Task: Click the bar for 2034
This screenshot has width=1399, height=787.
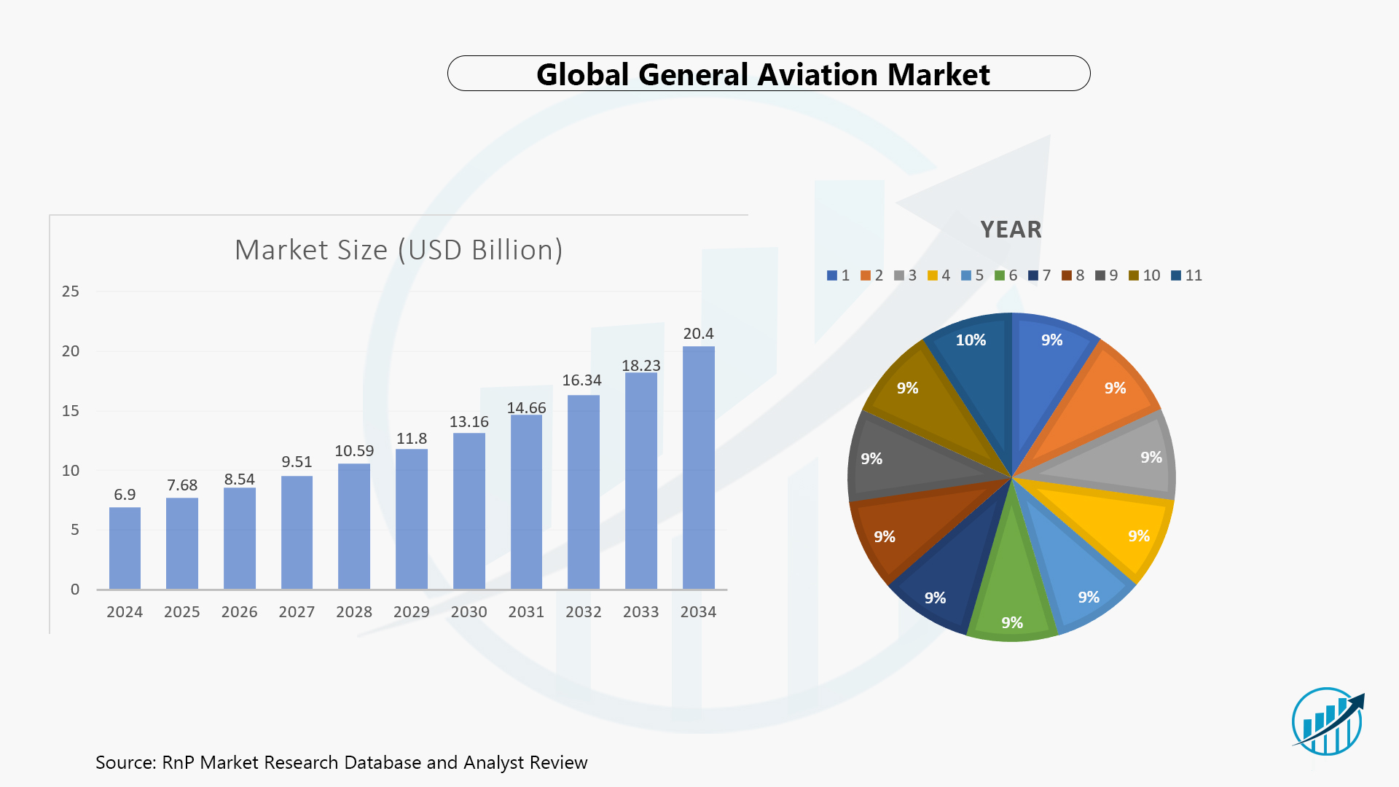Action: coord(698,468)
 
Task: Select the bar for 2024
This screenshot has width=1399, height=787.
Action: coord(125,548)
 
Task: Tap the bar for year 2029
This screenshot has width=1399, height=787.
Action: coord(412,519)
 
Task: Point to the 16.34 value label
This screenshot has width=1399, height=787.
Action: coord(581,380)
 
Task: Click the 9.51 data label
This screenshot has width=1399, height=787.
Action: coord(297,462)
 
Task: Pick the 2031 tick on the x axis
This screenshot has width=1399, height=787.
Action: coord(526,612)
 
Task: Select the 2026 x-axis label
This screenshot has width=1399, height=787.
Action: coord(239,612)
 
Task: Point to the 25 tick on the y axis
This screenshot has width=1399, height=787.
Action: coord(71,291)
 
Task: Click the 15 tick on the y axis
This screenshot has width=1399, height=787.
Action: coord(71,411)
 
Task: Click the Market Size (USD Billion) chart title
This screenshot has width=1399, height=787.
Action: coord(399,250)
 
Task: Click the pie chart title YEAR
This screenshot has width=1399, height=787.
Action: coord(1011,230)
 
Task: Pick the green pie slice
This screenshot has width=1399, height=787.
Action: coord(1012,590)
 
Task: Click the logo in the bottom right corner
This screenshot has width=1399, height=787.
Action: coord(1327,721)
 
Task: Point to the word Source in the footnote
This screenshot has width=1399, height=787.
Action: coord(125,762)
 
